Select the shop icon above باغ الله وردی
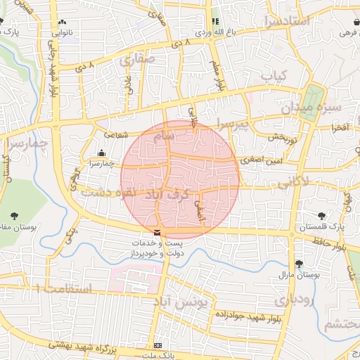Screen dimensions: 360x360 click(215, 22)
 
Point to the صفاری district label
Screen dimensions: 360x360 click(136, 61)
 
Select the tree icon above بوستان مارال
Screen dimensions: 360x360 click(300, 264)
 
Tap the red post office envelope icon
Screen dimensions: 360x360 click(156, 232)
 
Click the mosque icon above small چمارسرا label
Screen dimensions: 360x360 click(101, 153)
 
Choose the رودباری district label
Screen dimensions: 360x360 click(290, 299)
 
